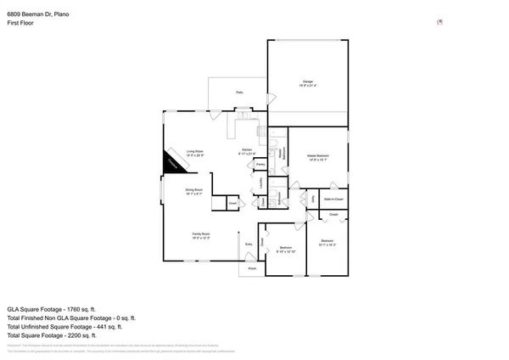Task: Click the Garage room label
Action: click(x=307, y=82)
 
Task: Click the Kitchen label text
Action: click(x=246, y=149)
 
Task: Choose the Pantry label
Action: click(x=260, y=164)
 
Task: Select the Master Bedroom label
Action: click(x=317, y=156)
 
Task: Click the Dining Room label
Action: click(x=193, y=189)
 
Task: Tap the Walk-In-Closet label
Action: click(x=333, y=200)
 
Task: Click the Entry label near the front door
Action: click(x=249, y=245)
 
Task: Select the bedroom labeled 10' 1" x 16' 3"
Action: click(x=327, y=242)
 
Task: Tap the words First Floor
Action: click(x=21, y=20)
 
